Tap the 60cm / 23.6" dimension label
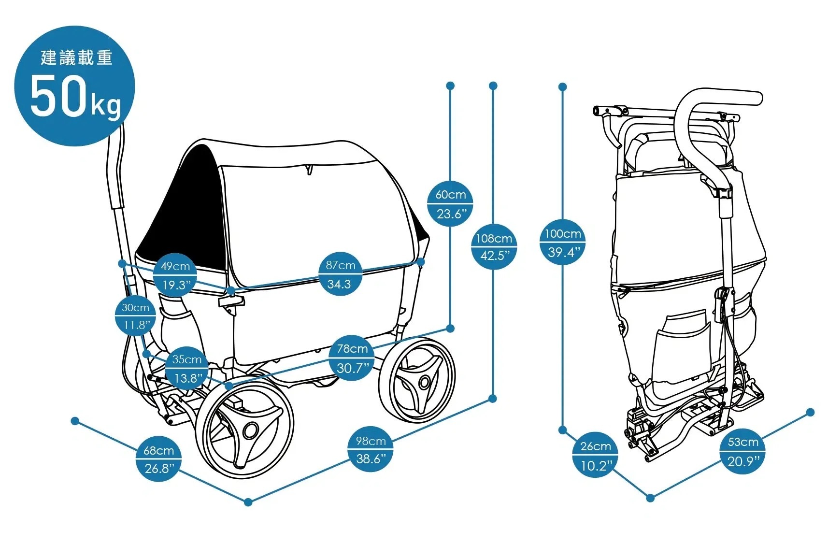(x=450, y=203)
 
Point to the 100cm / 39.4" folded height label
(x=562, y=242)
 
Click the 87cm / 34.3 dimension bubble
(x=341, y=274)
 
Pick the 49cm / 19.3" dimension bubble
(x=175, y=275)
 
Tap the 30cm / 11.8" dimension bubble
(x=135, y=316)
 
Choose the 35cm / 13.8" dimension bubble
(x=186, y=368)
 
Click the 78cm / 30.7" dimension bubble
(x=352, y=358)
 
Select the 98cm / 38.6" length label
(x=371, y=450)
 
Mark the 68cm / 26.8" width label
(x=158, y=459)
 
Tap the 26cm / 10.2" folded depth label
(x=595, y=455)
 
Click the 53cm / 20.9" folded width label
(x=742, y=451)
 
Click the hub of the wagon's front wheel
(x=251, y=429)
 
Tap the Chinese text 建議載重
(x=76, y=58)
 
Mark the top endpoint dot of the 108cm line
(x=493, y=86)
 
